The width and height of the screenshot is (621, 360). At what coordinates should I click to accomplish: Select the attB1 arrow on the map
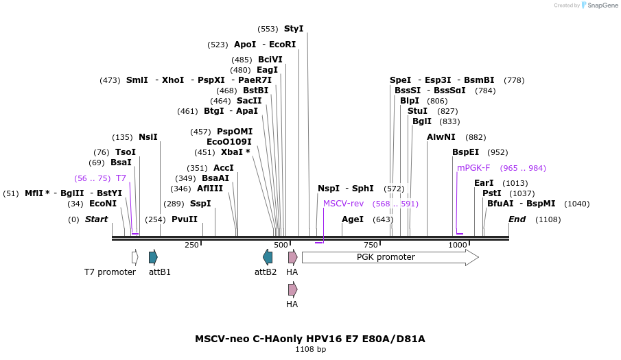153,257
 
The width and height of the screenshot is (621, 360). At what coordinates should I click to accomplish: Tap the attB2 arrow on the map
268,257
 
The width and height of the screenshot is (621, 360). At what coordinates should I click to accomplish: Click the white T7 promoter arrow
135,257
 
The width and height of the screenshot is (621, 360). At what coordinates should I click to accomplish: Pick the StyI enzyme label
294,29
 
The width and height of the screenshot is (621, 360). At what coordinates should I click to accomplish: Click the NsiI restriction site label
148,136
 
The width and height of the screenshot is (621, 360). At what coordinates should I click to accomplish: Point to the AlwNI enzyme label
441,137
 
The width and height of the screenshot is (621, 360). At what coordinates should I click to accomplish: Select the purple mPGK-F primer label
473,168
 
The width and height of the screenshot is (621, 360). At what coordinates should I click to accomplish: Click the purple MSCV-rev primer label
343,204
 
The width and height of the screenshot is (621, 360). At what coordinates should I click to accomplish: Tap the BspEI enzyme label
467,152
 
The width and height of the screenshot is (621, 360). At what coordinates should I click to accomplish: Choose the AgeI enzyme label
353,219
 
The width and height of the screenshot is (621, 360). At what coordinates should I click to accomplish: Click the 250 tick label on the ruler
191,245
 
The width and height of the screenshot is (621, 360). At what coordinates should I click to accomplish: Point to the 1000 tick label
458,245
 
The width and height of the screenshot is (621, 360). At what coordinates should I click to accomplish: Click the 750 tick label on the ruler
371,245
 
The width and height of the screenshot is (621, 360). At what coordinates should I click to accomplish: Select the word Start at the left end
97,219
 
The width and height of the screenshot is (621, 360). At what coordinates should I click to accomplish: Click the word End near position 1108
517,219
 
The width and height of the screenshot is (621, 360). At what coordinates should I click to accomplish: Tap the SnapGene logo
600,5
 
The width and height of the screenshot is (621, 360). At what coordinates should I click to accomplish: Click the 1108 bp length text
310,350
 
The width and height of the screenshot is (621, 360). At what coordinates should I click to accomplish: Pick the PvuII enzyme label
185,219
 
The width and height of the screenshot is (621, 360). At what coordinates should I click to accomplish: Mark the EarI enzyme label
484,183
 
